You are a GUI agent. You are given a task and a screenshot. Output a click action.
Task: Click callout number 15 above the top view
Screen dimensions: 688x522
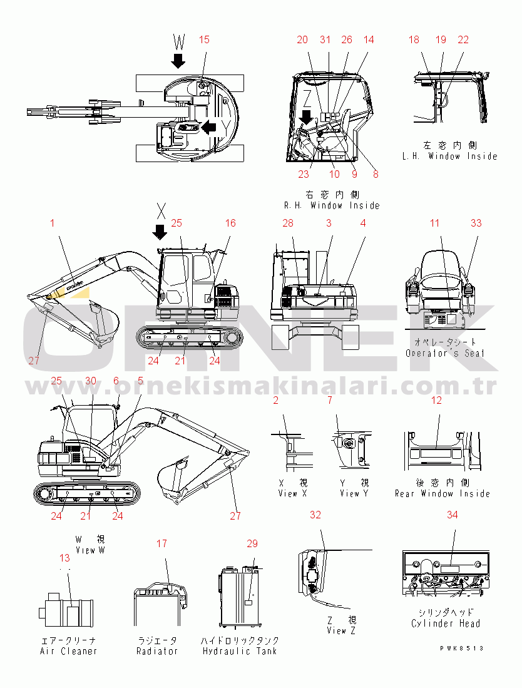coord(204,39)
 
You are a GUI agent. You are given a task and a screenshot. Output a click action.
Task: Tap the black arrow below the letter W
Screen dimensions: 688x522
coord(179,61)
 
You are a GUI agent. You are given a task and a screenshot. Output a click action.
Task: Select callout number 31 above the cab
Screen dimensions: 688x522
coord(325,39)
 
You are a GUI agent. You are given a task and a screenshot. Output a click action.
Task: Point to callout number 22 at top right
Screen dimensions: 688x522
coord(463,39)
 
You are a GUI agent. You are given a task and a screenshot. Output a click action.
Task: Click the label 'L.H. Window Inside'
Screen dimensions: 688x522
coord(449,156)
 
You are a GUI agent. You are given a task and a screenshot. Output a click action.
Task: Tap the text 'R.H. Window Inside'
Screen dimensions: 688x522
coord(332,205)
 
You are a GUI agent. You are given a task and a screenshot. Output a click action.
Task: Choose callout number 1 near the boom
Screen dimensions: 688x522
coord(53,223)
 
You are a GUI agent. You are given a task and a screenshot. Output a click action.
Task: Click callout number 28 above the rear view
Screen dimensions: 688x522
coord(287,223)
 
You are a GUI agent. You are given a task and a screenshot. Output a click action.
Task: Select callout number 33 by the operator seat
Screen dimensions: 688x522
coord(476,223)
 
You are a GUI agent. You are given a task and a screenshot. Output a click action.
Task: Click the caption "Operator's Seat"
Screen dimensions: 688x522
coord(445,353)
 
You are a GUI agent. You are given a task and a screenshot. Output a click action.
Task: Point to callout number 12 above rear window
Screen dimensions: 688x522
coord(436,400)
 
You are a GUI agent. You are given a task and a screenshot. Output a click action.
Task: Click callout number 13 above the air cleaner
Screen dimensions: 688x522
coord(64,558)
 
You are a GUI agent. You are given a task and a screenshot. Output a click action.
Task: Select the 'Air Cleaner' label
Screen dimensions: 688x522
coord(68,651)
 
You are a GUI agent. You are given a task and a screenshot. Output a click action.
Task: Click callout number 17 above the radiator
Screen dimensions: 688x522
coord(161,543)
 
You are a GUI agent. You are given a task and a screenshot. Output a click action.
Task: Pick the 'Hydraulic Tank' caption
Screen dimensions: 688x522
coord(240,651)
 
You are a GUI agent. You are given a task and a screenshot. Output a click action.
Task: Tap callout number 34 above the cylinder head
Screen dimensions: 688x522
coord(452,515)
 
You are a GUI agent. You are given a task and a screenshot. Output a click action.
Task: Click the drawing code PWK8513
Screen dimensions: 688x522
coord(462,649)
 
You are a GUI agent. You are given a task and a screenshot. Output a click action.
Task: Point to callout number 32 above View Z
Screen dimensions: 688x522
coord(315,515)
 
